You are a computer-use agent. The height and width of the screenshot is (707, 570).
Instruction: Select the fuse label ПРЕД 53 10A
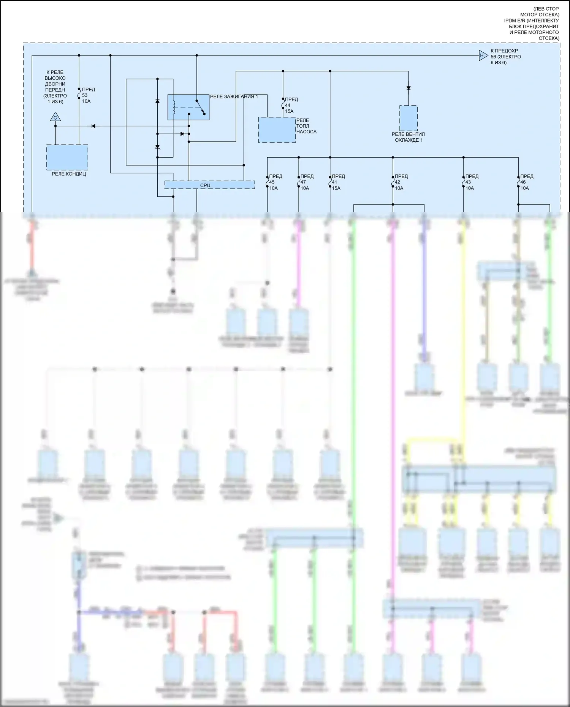pyautogui.click(x=88, y=95)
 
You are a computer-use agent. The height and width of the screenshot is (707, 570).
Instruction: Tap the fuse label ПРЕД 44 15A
pyautogui.click(x=291, y=105)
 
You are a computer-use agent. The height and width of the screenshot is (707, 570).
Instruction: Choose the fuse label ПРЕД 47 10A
pyautogui.click(x=307, y=182)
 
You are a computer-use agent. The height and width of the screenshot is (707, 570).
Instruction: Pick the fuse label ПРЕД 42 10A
pyautogui.click(x=401, y=182)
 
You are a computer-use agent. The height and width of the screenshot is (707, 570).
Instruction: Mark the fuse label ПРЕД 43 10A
pyautogui.click(x=472, y=182)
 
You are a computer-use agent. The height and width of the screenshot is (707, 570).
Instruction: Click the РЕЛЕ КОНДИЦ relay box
pyautogui.click(x=67, y=157)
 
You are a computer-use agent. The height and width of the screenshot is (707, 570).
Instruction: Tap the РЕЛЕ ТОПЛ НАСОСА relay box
pyautogui.click(x=277, y=130)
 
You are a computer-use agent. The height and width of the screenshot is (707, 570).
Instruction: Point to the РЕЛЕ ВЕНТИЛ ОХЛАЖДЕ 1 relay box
pyautogui.click(x=408, y=118)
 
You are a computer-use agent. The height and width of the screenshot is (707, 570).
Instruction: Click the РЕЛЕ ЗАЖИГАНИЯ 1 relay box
pyautogui.click(x=188, y=107)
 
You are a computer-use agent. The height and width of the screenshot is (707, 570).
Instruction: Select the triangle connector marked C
pyautogui.click(x=55, y=117)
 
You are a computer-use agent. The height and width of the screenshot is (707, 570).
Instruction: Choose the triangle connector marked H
pyautogui.click(x=482, y=55)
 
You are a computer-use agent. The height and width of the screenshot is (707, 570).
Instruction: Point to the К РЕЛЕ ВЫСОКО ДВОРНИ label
pyautogui.click(x=55, y=87)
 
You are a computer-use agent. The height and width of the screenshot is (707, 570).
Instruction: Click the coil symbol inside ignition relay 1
pyautogui.click(x=174, y=107)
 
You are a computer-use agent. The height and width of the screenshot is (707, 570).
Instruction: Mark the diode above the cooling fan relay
pyautogui.click(x=408, y=88)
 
